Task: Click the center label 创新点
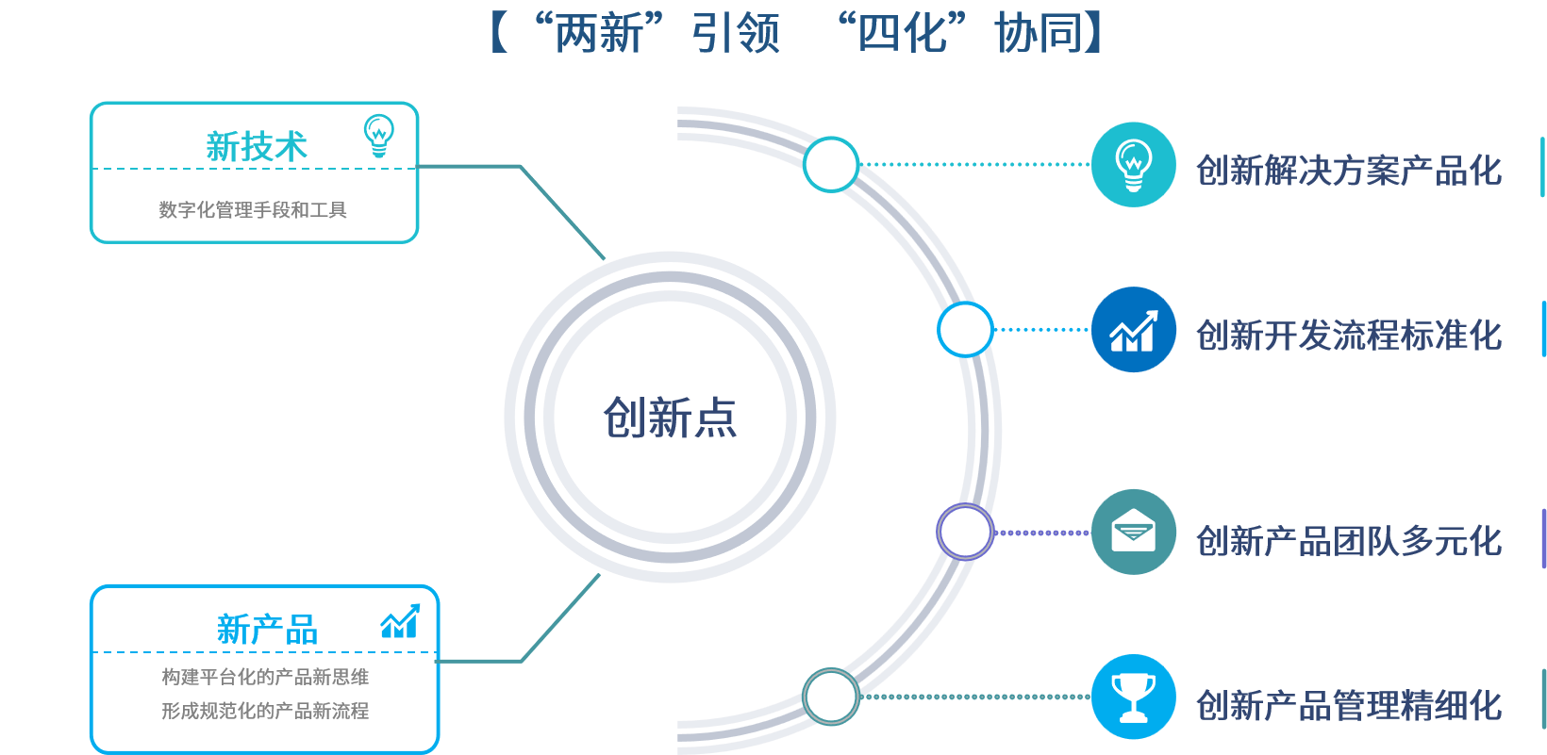(670, 418)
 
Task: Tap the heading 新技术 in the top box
(257, 147)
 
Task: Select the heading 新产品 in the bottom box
(267, 630)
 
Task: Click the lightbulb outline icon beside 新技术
(379, 136)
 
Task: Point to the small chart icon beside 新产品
(400, 621)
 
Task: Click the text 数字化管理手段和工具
(253, 210)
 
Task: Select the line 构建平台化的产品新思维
(265, 677)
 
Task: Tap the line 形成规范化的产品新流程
(265, 711)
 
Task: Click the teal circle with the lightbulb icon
(1133, 164)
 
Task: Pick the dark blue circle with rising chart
(1133, 329)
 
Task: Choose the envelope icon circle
(1133, 533)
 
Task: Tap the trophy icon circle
(1133, 697)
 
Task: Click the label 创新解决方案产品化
(1349, 171)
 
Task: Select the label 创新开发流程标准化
(1349, 336)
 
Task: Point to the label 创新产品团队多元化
(1349, 541)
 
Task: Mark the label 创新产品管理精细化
(1349, 705)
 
